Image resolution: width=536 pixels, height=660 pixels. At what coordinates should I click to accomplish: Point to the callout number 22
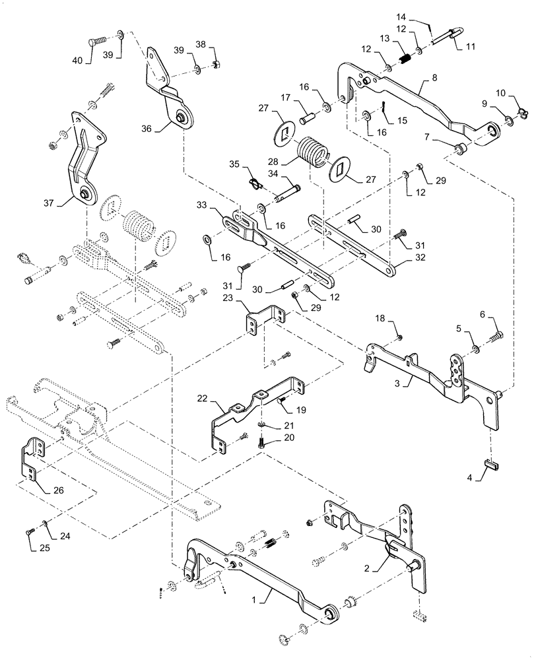click(x=201, y=399)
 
